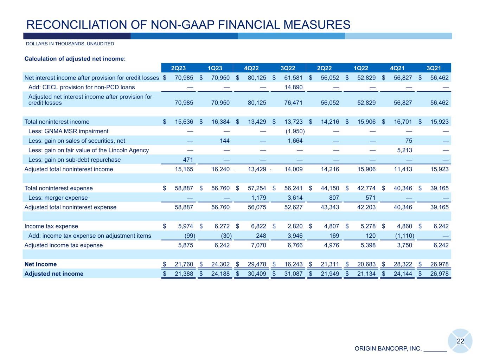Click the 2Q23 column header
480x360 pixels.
(178, 68)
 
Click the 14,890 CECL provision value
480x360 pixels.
(295, 87)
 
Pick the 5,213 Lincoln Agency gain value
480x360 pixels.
(405, 150)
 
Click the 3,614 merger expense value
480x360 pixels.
(295, 198)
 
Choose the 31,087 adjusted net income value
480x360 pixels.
(295, 274)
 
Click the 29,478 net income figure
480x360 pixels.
(258, 264)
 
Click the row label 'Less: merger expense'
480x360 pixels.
(58, 198)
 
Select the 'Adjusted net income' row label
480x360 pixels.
(54, 274)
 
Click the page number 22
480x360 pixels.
(460, 341)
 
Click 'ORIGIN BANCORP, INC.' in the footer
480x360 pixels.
(388, 348)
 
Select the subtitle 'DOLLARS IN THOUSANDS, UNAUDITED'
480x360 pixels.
(70, 44)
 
